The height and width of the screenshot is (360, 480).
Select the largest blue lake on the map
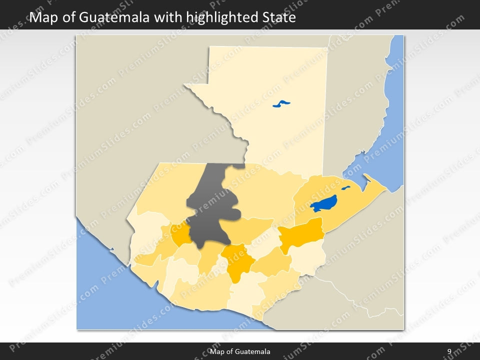[x=323, y=203]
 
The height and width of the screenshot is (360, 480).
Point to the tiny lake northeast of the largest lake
[x=345, y=188]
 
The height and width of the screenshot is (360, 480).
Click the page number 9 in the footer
[x=449, y=351]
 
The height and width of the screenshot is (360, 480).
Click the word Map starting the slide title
[x=42, y=18]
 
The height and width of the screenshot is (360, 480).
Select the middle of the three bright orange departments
[x=237, y=260]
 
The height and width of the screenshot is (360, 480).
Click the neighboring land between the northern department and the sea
[x=355, y=100]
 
